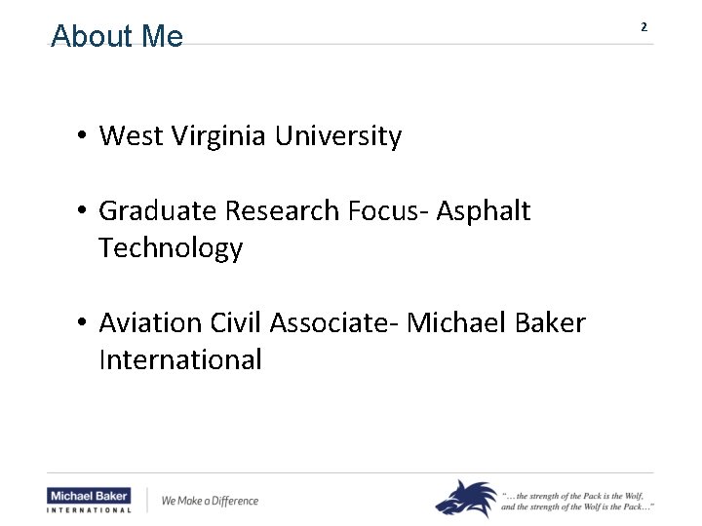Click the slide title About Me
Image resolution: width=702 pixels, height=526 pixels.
coord(117,36)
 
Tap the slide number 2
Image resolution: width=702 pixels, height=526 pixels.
coord(643,27)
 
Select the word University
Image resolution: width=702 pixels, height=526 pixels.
coord(337,136)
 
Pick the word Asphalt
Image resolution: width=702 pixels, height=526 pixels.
coord(484,210)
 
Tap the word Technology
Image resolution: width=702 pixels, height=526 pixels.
coord(171,248)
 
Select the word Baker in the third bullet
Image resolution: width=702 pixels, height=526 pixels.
coord(546,322)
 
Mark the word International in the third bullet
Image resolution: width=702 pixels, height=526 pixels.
coord(180,359)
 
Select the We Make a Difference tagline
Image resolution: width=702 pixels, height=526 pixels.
coord(210,501)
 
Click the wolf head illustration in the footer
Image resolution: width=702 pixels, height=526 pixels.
coord(466,498)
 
